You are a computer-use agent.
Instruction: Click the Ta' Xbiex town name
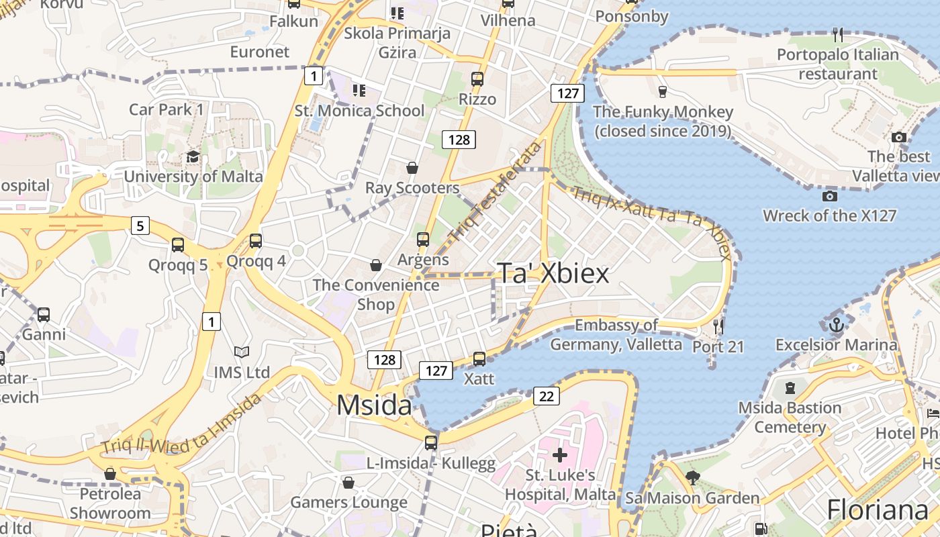[553, 274]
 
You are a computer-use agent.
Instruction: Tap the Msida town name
[374, 405]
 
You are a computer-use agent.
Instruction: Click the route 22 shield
[547, 396]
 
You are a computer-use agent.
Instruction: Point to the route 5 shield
[140, 226]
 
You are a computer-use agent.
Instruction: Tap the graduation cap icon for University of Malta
[193, 157]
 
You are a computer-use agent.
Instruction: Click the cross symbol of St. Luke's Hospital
[559, 456]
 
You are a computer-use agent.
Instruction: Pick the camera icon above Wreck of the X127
[829, 196]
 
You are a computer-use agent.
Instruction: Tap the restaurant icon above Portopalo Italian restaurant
[837, 34]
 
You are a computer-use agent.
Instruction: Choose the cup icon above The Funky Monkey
[662, 91]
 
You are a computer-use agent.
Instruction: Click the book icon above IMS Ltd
[242, 352]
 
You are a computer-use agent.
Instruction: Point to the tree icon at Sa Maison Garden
[692, 478]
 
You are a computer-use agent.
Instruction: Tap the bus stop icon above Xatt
[479, 359]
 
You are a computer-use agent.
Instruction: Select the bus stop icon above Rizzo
[477, 79]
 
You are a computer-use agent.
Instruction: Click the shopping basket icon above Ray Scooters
[412, 168]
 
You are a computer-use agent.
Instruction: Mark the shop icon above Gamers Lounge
[348, 483]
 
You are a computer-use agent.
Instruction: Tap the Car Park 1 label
[166, 109]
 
